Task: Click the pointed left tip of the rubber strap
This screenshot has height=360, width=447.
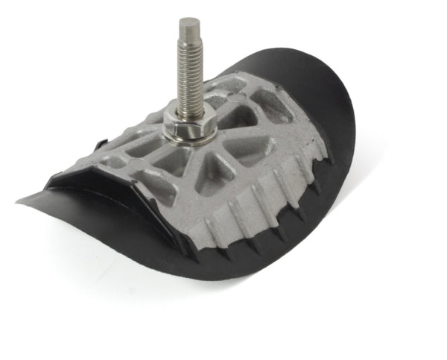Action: (21, 200)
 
